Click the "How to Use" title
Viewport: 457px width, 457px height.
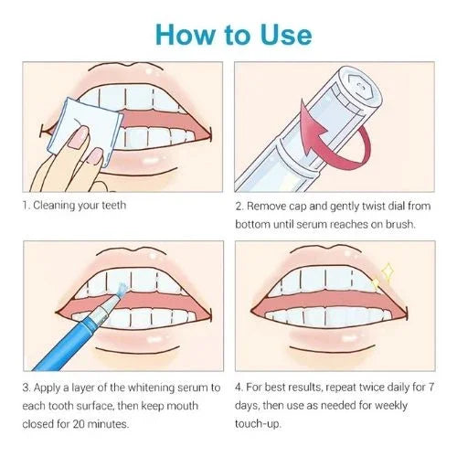(x=233, y=34)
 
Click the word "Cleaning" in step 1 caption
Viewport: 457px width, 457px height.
(x=58, y=205)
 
